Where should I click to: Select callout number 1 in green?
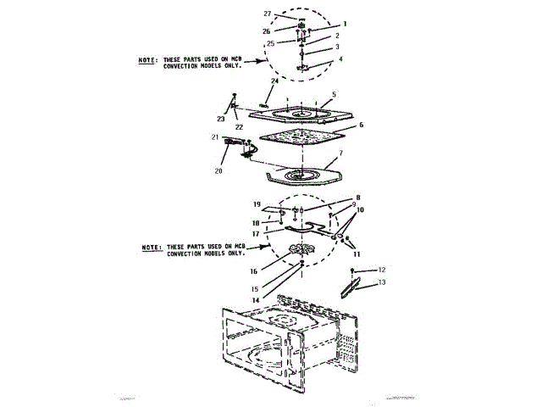[344, 25]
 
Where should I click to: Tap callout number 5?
[335, 94]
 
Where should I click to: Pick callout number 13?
[381, 282]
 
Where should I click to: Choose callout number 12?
[381, 269]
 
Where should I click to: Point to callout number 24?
[274, 81]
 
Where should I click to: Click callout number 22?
[239, 126]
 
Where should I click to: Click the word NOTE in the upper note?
[149, 61]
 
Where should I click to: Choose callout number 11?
[357, 254]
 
